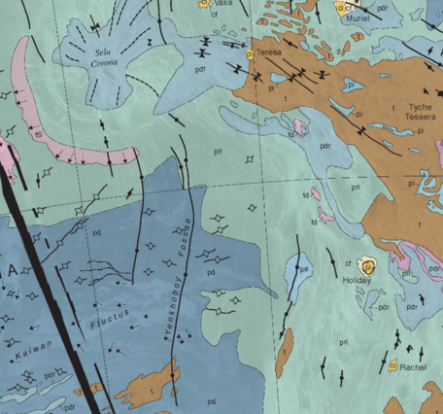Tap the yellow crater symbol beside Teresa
tap(250, 54)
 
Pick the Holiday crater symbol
tap(367, 265)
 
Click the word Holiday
tap(358, 281)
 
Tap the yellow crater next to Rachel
tap(393, 366)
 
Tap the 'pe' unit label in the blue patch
tap(303, 269)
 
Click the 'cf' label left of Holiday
tap(348, 263)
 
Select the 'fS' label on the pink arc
tap(41, 135)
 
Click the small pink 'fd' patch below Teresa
tap(295, 128)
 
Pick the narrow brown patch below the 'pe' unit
tap(283, 355)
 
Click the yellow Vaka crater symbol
tap(204, 4)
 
